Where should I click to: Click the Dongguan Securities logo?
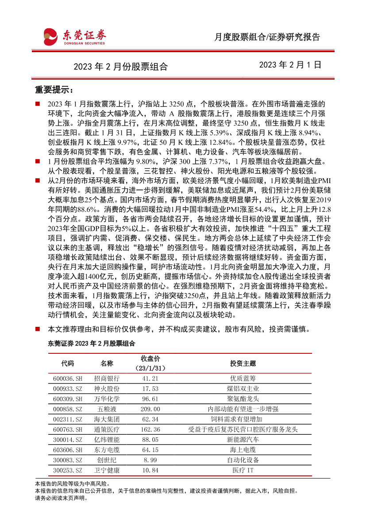(74, 36)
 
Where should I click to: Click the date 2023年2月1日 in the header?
(290, 65)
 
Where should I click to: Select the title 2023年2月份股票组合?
(120, 67)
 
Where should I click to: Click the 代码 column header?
(68, 364)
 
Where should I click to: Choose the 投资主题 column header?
(243, 364)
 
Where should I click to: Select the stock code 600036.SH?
(68, 379)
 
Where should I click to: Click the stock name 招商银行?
(107, 379)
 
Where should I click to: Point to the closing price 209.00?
(150, 410)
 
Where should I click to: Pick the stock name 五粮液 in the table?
(107, 410)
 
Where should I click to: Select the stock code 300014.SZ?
(68, 440)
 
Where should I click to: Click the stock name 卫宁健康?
(107, 471)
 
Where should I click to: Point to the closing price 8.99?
(150, 460)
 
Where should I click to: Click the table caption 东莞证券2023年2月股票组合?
(85, 343)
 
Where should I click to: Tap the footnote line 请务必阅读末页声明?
(62, 498)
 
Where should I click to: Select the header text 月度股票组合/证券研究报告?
(267, 37)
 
